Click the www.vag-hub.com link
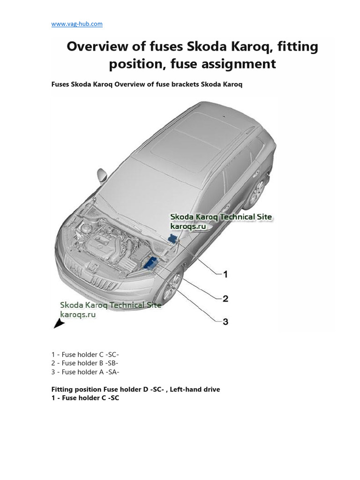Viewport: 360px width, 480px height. coord(77,24)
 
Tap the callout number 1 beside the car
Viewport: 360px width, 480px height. coord(225,274)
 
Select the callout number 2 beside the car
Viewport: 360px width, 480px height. coord(225,299)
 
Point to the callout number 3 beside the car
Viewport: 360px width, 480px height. coord(225,322)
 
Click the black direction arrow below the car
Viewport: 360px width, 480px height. coord(59,323)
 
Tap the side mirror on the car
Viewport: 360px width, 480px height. coord(102,175)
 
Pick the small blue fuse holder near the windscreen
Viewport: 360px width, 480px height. coord(172,239)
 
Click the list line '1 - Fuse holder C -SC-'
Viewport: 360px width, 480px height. coord(89,354)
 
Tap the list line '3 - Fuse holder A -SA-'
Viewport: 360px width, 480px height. coord(85,372)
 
